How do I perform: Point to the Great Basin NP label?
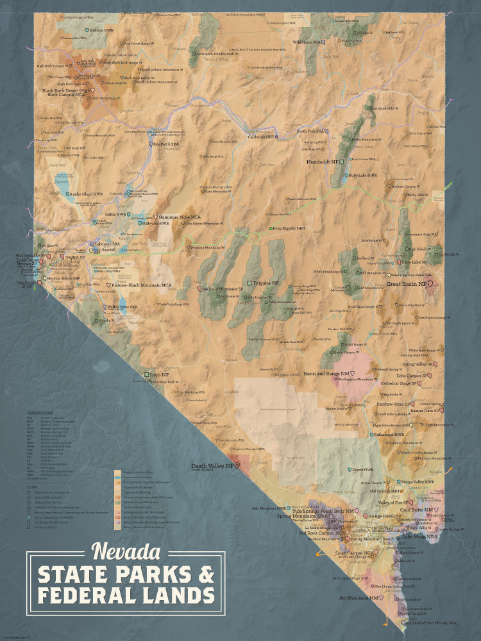point(407,283)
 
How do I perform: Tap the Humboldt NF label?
point(323,162)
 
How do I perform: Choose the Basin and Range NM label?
point(327,373)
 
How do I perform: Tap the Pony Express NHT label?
point(288,228)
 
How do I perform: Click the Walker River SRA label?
point(122,307)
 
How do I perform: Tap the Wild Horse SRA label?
point(306,42)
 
